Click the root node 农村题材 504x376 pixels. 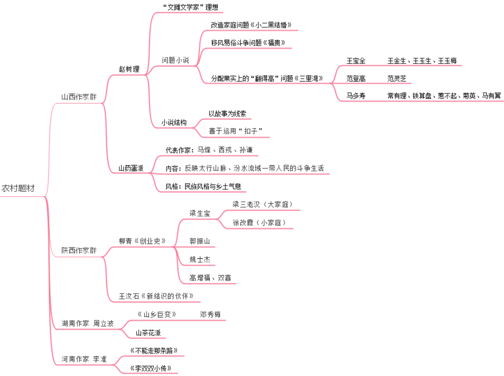18,188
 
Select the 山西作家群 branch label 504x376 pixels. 79,97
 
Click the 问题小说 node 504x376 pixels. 175,60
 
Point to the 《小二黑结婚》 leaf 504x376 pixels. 251,25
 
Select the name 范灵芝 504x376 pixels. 397,78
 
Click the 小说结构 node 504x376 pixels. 174,123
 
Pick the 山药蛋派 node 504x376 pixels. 131,168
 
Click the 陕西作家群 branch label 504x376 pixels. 79,251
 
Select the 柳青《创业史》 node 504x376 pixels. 142,241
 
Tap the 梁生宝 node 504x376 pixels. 200,213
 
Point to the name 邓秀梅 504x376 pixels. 210,315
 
